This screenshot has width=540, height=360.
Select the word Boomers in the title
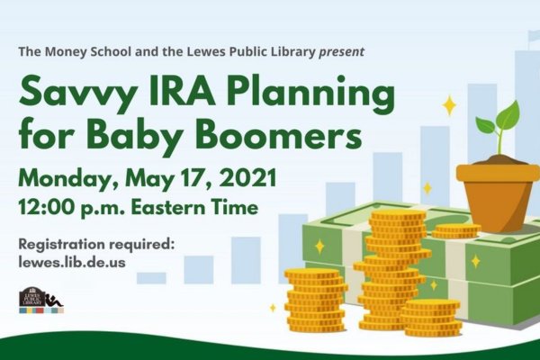pos(280,133)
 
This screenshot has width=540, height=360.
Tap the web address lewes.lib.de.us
pos(72,262)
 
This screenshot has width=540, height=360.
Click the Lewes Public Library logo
pos(41,300)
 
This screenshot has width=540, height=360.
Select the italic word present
pos(341,52)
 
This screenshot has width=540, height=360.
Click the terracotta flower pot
pos(498,196)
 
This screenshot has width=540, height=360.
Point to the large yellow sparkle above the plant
pos(449,106)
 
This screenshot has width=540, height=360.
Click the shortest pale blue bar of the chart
pos(151,278)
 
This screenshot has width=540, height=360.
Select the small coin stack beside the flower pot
pos(456,230)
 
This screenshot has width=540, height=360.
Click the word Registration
pos(62,245)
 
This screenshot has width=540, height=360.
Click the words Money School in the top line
pos(88,51)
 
